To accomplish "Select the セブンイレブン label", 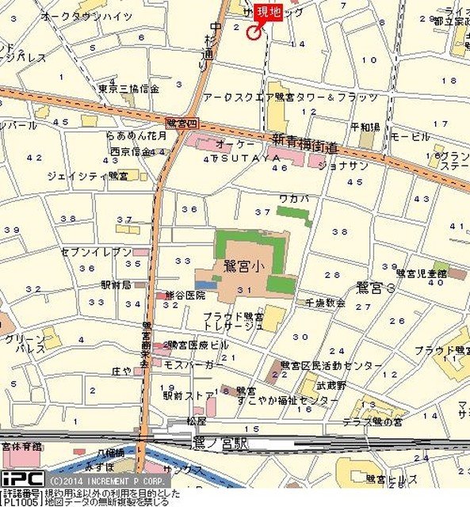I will point(96,251).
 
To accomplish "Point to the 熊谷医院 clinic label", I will point(185,295).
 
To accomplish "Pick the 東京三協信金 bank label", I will point(129,89).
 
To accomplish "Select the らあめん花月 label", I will point(136,135).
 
